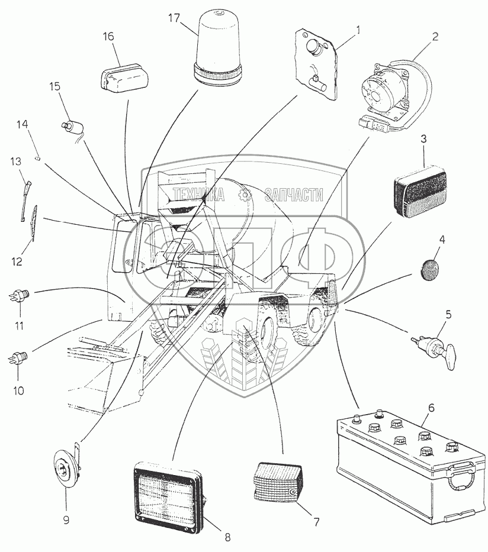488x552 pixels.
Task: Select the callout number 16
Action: (x=108, y=36)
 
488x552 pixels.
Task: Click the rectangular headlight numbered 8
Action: (x=168, y=495)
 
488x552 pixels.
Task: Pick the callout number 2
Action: (x=436, y=35)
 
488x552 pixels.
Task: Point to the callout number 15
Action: (x=54, y=86)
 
